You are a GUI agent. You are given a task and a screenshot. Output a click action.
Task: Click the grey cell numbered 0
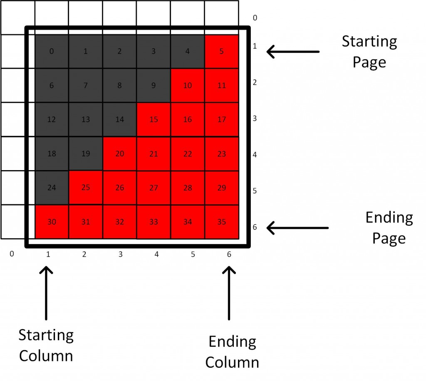[x=52, y=51]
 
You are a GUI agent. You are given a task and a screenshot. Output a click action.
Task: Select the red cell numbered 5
[x=222, y=51]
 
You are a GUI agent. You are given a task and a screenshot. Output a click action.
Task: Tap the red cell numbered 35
[x=222, y=222]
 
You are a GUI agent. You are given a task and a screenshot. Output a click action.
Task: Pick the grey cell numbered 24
[x=52, y=188]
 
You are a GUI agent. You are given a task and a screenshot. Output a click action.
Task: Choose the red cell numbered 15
[x=154, y=119]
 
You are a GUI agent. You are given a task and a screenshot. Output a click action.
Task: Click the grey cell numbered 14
[x=119, y=119]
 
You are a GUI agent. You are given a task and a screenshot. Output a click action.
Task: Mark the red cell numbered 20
[x=119, y=154]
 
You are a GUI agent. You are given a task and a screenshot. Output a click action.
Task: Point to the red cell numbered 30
[x=52, y=222]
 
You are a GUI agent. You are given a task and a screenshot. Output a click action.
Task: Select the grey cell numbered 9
[x=154, y=86]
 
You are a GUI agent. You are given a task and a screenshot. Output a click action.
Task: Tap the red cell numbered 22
[x=188, y=154]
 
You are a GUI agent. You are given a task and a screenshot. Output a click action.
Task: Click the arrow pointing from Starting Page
[x=293, y=51]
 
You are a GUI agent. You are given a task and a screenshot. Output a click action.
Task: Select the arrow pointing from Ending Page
[x=297, y=228]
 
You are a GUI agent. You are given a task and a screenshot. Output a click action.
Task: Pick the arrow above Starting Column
[x=46, y=293]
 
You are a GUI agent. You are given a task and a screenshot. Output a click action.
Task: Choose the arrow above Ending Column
[x=229, y=293]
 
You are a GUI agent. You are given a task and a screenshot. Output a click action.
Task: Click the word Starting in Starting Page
[x=369, y=42]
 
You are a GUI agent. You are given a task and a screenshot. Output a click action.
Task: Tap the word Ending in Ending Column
[x=232, y=342]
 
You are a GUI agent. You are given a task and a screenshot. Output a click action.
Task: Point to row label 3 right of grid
[x=255, y=119]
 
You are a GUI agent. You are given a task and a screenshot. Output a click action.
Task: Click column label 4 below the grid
[x=156, y=254]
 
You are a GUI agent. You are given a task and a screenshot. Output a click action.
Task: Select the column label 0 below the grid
[x=12, y=254]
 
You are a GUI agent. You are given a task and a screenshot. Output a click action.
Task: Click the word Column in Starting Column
[x=46, y=356]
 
